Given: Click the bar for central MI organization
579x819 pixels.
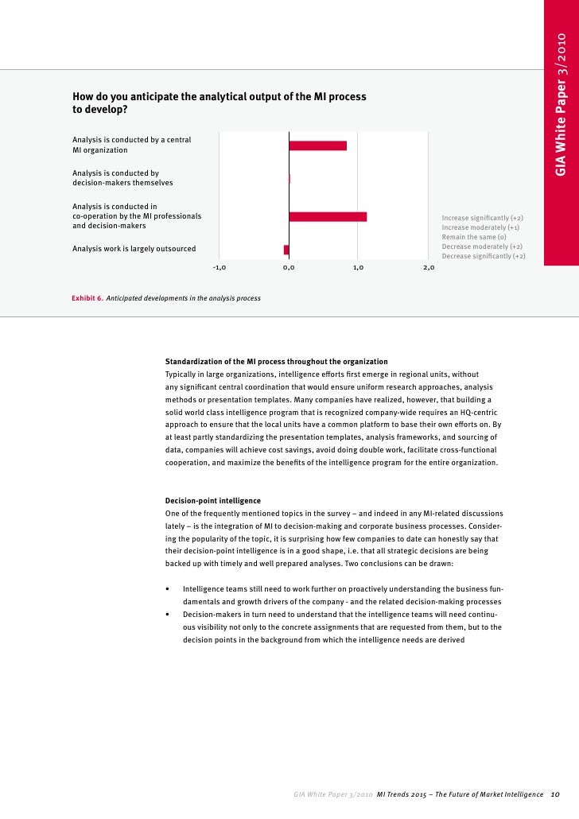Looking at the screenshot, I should click(317, 146).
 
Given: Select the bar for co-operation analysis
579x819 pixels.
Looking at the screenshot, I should click(328, 216).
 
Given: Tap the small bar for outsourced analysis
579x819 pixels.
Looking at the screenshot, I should click(286, 250).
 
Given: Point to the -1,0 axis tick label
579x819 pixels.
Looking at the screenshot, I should click(220, 269).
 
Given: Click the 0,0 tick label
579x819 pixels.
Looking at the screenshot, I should click(289, 269).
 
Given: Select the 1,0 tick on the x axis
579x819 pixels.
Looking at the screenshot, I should click(358, 269).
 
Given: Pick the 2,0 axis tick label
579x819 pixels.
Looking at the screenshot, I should click(429, 269).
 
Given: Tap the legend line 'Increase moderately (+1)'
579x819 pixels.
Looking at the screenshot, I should click(480, 227).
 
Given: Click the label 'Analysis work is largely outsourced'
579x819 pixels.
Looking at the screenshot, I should click(134, 249).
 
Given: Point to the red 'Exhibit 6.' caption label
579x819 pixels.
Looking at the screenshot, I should click(87, 298).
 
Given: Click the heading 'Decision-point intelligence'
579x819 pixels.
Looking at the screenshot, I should click(212, 501).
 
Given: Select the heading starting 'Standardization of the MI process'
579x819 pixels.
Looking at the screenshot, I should click(276, 361).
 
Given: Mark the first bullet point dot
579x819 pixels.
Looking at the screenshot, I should click(167, 589).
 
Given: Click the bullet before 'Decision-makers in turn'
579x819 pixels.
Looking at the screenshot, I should click(167, 615).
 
